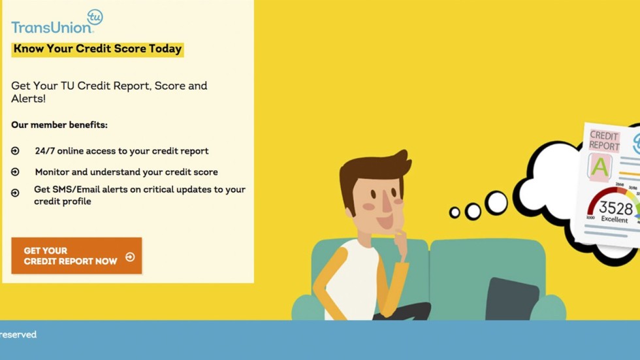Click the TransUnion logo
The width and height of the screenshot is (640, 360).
[52, 26]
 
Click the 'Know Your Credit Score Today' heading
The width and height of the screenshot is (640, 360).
[97, 49]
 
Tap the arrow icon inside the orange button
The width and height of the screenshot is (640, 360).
[130, 257]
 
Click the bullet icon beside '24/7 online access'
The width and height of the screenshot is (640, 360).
[16, 151]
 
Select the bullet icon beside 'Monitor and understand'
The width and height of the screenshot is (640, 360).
[16, 172]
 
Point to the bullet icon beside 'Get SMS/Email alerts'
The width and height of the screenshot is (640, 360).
[16, 193]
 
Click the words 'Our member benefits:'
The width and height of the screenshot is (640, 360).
[59, 125]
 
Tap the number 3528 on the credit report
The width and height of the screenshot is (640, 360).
[616, 208]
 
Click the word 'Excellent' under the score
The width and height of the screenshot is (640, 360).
[615, 220]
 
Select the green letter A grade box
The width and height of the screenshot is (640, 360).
[600, 167]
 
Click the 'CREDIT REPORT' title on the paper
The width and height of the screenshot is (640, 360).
[604, 140]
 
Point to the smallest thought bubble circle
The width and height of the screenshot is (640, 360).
[455, 212]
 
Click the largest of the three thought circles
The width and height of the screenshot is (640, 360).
[496, 203]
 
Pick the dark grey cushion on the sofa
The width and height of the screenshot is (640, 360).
[513, 299]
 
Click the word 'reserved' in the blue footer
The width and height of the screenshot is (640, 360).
[18, 335]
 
